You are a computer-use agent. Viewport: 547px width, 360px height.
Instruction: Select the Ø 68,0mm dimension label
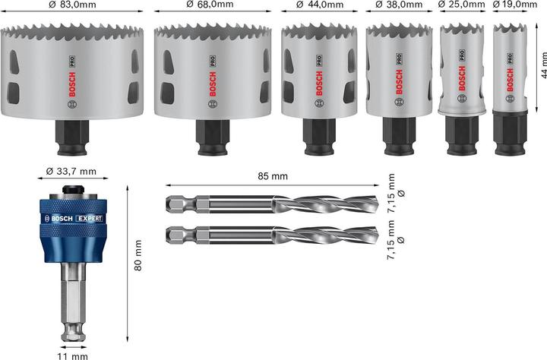pyautogui.click(x=210, y=6)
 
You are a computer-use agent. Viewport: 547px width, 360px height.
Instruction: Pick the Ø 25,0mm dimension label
pyautogui.click(x=462, y=6)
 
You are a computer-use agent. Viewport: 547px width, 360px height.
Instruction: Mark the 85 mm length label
pyautogui.click(x=271, y=176)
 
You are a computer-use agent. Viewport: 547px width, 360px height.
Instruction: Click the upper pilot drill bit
pyautogui.click(x=271, y=204)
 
